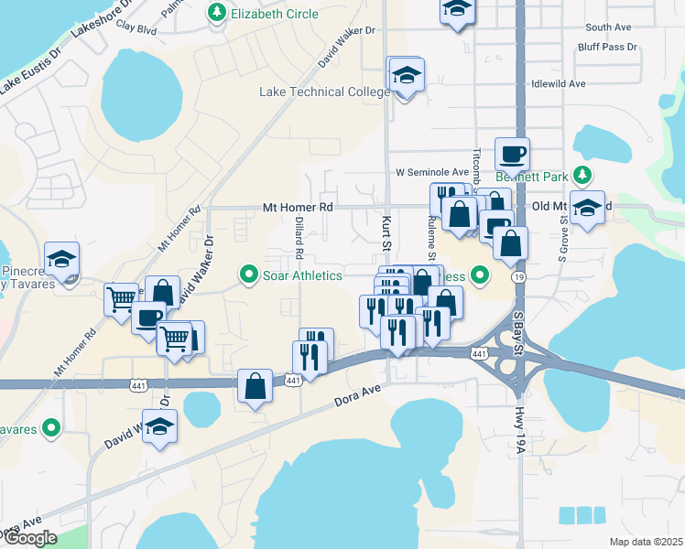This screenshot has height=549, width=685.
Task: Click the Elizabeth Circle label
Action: (x=275, y=14)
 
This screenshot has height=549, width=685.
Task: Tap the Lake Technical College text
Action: (x=325, y=91)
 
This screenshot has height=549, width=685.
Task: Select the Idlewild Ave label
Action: (x=558, y=83)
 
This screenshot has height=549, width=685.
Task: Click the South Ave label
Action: (x=609, y=27)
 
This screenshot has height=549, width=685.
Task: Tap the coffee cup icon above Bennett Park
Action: (x=512, y=153)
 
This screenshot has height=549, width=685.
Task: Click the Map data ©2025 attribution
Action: (x=645, y=542)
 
